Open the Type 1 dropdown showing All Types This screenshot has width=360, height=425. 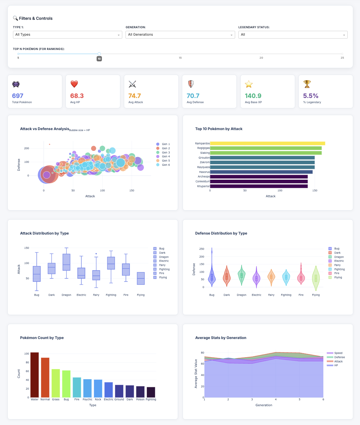67,35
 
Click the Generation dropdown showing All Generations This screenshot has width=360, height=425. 180,35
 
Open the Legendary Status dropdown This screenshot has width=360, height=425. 293,35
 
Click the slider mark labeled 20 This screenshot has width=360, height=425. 261,54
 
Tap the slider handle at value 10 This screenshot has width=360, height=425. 99,54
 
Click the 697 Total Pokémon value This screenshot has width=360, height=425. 18,96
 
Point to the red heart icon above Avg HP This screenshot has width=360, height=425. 74,84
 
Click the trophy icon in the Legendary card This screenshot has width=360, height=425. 307,84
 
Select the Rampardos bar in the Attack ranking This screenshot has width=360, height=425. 268,143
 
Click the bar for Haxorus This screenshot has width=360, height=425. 261,172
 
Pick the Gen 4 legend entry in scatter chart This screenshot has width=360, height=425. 166,156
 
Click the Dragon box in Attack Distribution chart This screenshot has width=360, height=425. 66,262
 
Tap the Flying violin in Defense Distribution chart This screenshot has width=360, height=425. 316,278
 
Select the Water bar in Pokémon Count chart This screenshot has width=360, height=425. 35,375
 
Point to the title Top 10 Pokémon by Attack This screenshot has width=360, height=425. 219,129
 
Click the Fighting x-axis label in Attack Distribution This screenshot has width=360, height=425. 111,295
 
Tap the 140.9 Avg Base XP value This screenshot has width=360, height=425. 253,96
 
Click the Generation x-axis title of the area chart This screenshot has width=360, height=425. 264,405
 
